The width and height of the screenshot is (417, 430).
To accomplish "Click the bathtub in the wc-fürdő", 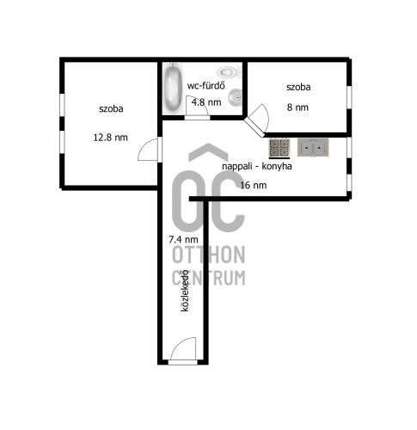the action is click(172, 89).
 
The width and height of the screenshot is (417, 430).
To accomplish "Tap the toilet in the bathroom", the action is click(230, 71).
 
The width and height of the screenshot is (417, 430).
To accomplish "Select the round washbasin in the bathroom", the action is click(236, 97).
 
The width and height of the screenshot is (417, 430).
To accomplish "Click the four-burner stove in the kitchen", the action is click(279, 148).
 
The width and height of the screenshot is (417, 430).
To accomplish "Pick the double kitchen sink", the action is click(313, 147).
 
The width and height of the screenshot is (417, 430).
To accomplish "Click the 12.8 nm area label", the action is click(110, 138).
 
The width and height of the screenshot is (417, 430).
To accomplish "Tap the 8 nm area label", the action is click(297, 107).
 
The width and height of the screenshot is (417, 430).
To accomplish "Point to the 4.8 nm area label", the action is click(206, 102).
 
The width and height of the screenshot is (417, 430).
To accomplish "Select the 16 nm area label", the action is click(254, 185).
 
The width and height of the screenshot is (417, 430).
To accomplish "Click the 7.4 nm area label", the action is click(183, 239).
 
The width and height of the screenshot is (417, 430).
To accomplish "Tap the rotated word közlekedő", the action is click(185, 291).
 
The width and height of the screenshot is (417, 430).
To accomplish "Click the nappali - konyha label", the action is click(257, 166).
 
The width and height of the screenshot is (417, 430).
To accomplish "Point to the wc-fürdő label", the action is click(206, 85).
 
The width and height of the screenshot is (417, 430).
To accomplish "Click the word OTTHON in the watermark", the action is click(209, 255).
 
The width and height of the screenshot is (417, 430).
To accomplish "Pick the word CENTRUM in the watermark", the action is click(209, 278).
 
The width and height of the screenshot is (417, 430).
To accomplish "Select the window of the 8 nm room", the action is click(349, 97).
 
